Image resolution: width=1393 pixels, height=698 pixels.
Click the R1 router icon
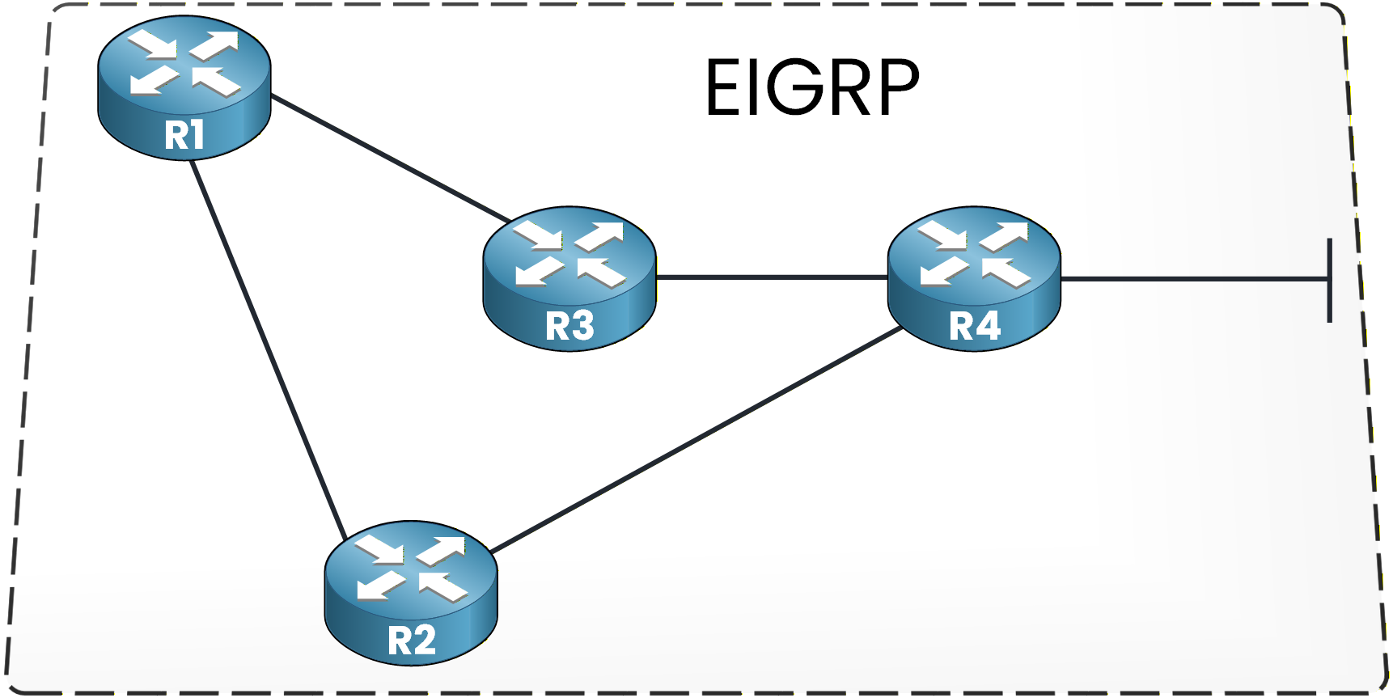point(184,87)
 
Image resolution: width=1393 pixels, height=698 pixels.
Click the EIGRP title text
point(812,87)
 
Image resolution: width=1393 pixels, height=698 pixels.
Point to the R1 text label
point(184,135)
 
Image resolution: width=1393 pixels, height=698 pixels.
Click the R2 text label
point(412,641)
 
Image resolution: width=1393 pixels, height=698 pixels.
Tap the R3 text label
point(569,326)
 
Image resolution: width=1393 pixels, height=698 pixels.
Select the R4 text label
point(975,326)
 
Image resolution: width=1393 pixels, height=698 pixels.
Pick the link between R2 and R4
point(696,440)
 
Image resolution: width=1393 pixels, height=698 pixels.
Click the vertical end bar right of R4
point(1329,280)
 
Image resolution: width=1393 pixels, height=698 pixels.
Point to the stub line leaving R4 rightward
point(1193,279)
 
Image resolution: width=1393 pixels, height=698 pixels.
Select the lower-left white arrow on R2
point(379,585)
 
